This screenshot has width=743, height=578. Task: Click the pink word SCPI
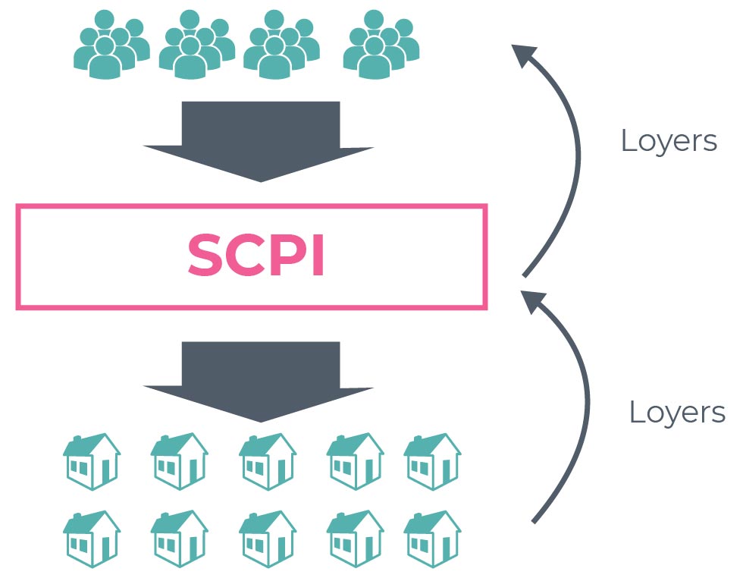click(256, 256)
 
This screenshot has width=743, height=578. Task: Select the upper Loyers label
click(669, 141)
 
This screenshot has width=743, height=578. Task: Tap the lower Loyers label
click(677, 413)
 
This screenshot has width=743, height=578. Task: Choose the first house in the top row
click(91, 461)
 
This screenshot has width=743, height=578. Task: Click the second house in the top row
click(179, 461)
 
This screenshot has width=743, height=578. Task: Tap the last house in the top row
click(431, 461)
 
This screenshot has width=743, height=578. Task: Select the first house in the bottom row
click(91, 539)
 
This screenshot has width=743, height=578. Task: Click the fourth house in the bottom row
click(355, 539)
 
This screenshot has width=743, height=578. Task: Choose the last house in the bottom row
click(431, 539)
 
